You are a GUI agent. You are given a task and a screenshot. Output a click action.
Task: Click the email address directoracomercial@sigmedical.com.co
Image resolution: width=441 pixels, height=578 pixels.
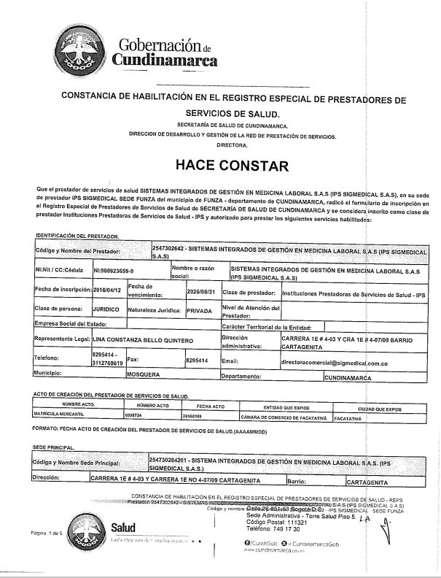[x=334, y=361]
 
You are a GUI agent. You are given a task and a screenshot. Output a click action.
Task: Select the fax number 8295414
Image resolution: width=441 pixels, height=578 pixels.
[x=197, y=361]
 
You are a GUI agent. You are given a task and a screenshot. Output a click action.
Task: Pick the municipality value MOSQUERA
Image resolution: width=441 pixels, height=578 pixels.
[x=143, y=377]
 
